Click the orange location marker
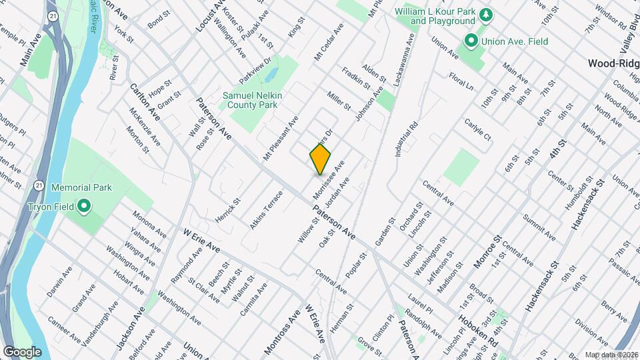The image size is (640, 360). pyautogui.click(x=320, y=159)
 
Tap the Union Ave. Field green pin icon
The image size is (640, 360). pyautogui.click(x=471, y=41)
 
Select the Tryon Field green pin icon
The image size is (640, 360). pyautogui.click(x=84, y=206)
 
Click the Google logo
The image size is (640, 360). pyautogui.click(x=22, y=351)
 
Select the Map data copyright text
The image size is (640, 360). pyautogui.click(x=611, y=355)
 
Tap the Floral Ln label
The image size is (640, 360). pyautogui.click(x=461, y=82)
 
